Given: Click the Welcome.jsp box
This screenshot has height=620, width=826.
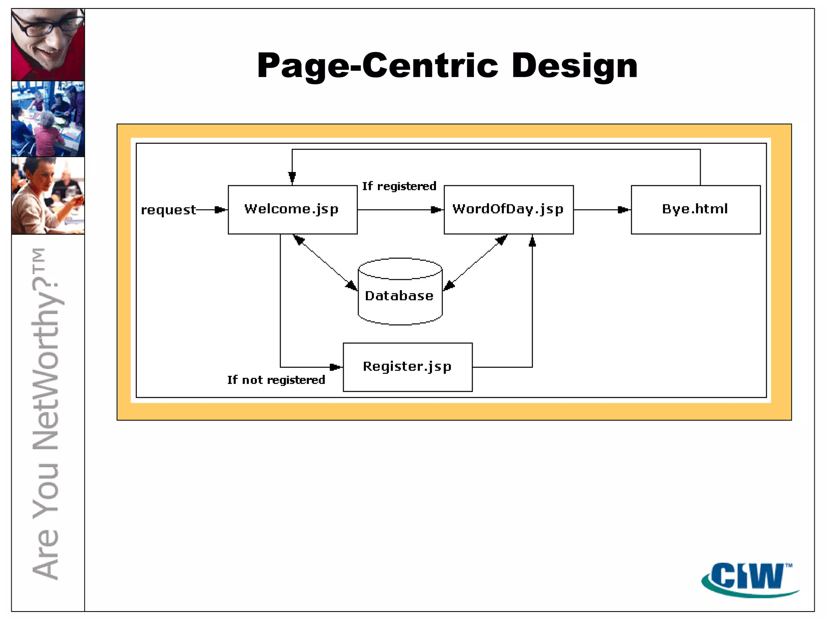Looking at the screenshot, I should pos(292,209).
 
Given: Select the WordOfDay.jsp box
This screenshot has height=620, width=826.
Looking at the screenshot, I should pos(508,209).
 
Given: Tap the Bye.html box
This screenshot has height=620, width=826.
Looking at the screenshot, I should pos(695,209).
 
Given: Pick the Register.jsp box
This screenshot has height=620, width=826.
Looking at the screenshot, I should pos(407,367).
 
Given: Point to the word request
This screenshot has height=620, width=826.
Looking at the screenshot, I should pos(168,210).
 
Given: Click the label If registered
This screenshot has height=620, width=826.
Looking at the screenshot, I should pos(399,186).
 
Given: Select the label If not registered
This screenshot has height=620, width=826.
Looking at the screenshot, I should pos(276,380).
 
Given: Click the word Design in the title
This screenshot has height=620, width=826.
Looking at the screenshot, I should pos(574,66).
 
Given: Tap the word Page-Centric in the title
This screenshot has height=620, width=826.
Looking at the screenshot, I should pos(378,66).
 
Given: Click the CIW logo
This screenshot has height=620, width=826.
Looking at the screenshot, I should pos(750,579).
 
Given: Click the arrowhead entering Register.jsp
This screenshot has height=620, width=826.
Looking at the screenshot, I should pos(335,367).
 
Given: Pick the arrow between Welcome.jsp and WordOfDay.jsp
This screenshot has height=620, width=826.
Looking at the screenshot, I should pos(399,209).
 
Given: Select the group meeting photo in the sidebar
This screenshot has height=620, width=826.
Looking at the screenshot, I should pos(48,119).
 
